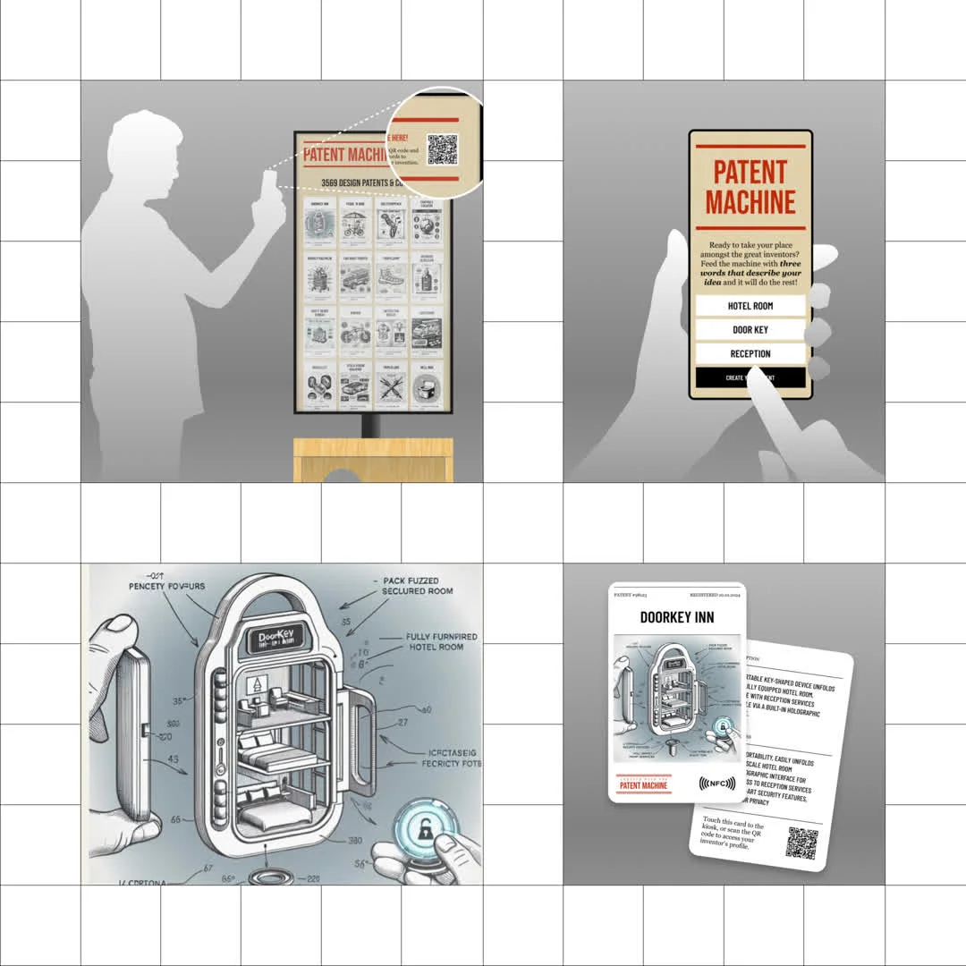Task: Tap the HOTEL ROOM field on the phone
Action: [x=750, y=306]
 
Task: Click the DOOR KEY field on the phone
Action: [x=750, y=330]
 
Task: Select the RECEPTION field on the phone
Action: [x=750, y=354]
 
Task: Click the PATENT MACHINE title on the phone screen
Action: [x=750, y=187]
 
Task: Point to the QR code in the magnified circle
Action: [x=442, y=149]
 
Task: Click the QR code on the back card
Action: [x=801, y=843]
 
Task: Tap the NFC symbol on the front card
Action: [x=716, y=784]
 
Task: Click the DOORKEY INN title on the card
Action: [x=677, y=617]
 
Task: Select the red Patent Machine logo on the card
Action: [x=643, y=784]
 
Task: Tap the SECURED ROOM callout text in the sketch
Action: [x=417, y=586]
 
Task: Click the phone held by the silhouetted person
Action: [x=269, y=186]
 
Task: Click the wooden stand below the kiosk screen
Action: [x=372, y=460]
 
